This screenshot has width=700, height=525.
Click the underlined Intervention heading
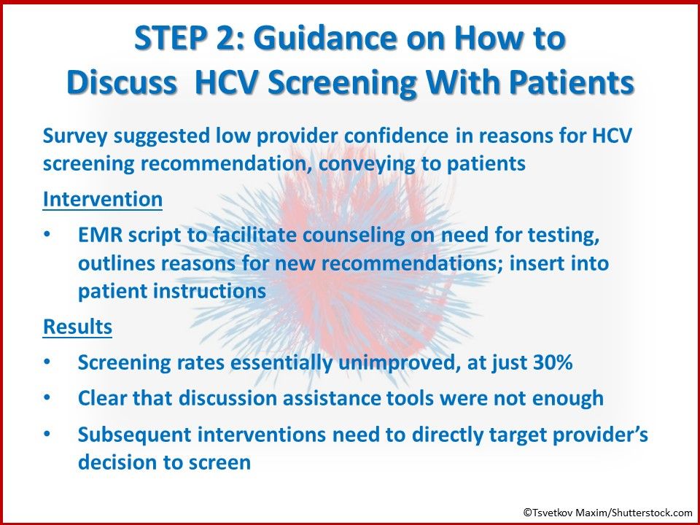point(102,199)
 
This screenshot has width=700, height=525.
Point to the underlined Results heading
point(78,327)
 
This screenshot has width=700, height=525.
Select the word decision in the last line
point(120,462)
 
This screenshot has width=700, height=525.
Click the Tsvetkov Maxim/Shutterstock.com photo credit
point(607,513)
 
